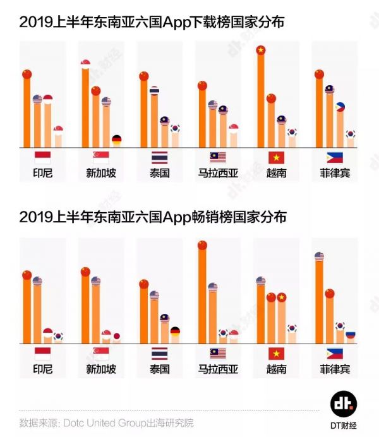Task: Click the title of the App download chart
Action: (x=152, y=23)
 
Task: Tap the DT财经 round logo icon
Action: (x=343, y=404)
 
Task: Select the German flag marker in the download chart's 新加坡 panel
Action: (x=116, y=139)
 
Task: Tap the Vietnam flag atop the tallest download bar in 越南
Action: (x=260, y=50)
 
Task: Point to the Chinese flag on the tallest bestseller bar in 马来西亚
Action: (x=202, y=245)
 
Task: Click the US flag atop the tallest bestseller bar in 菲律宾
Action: (x=319, y=256)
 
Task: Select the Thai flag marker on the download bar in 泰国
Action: (x=154, y=90)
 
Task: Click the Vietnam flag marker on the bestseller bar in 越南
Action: (x=281, y=297)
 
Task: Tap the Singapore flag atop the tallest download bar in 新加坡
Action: (x=85, y=63)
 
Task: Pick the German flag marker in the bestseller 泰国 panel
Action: (x=174, y=330)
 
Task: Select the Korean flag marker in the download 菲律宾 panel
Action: (x=350, y=134)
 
